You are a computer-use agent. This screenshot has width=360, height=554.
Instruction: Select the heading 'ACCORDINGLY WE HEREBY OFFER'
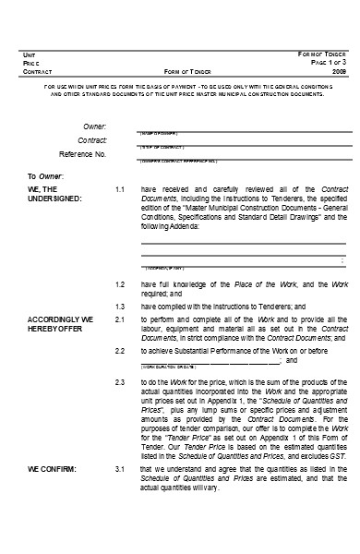(x=61, y=322)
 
